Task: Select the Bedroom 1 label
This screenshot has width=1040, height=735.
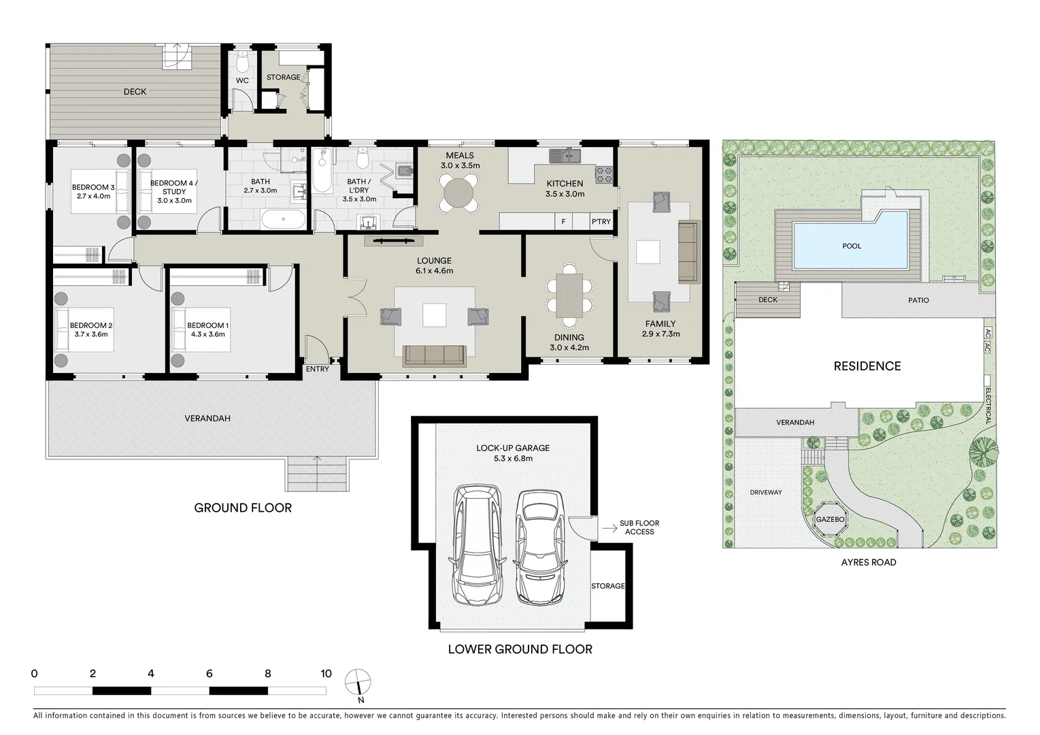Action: [x=207, y=325]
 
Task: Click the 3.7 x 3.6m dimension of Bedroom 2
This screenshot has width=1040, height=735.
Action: [x=90, y=334]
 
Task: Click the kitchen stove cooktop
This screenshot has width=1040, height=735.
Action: [x=605, y=174]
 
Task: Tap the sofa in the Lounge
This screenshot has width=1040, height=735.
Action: [x=434, y=355]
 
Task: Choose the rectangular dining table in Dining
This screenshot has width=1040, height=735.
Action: [x=569, y=295]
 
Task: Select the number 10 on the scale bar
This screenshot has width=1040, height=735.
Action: [x=326, y=674]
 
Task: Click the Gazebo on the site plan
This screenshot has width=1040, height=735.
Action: [x=830, y=519]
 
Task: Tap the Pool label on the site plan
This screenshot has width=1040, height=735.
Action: [x=852, y=246]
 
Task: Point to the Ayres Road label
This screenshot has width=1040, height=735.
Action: [x=869, y=562]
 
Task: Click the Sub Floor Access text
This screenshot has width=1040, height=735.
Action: [x=639, y=527]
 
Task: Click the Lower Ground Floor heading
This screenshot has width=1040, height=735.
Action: [x=520, y=649]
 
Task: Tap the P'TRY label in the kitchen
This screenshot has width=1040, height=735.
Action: [x=601, y=222]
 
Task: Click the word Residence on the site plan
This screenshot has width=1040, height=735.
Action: [x=867, y=366]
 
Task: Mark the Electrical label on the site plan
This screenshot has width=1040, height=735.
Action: [x=988, y=406]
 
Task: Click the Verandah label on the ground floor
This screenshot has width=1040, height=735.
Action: [x=207, y=419]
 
